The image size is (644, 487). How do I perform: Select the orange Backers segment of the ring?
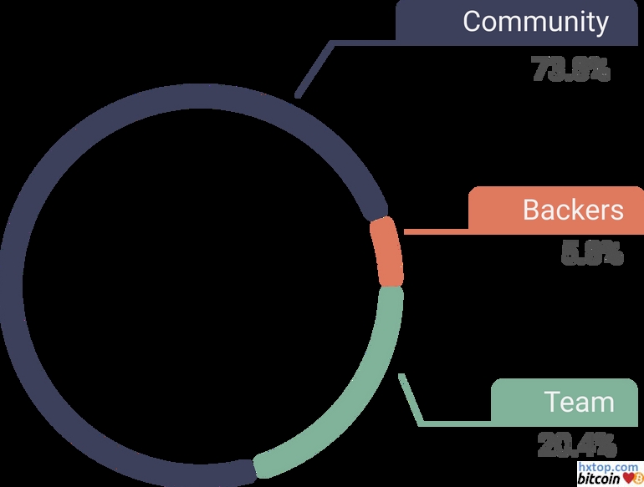click(x=387, y=251)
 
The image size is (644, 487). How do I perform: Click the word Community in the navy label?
click(x=536, y=21)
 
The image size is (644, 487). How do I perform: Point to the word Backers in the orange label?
click(x=573, y=209)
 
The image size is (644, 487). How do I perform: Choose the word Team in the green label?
click(x=580, y=402)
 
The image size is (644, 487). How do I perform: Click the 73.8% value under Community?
click(x=571, y=69)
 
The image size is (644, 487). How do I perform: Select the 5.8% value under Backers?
click(x=592, y=252)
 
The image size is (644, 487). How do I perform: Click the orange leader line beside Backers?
click(x=435, y=231)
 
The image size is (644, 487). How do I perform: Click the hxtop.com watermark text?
click(x=608, y=469)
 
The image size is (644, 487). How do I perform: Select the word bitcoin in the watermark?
click(x=598, y=479)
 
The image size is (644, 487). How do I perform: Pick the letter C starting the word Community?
click(x=473, y=21)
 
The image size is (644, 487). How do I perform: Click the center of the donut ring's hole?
click(x=201, y=284)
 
